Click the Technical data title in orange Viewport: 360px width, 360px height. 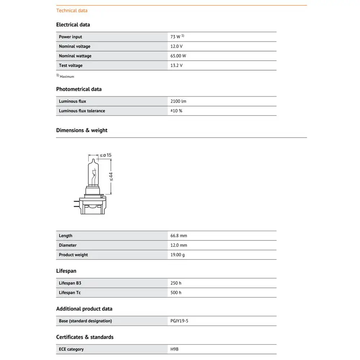[72, 10]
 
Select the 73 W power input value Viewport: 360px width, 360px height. [176, 37]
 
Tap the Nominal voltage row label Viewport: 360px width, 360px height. [75, 46]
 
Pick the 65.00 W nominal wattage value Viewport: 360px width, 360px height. [178, 56]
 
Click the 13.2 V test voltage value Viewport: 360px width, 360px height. [176, 66]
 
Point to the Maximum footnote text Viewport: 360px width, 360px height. [67, 77]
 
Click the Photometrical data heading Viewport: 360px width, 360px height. [79, 89]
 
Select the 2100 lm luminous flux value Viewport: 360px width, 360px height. [178, 102]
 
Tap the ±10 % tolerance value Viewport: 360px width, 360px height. [176, 111]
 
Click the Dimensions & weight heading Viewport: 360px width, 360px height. [82, 130]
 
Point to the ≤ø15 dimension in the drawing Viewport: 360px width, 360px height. [105, 155]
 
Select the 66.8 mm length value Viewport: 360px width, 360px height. [179, 236]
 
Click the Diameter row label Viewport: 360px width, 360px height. [68, 246]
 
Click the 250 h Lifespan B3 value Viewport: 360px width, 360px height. [176, 283]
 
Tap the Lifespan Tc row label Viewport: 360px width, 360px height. [70, 293]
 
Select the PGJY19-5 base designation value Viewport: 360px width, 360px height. [179, 321]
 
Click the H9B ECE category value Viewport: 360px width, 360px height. [174, 349]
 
